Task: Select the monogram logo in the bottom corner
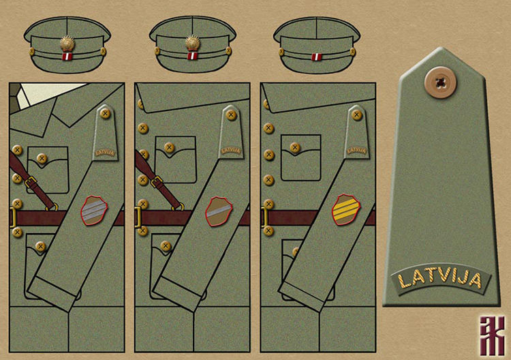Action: click(x=489, y=333)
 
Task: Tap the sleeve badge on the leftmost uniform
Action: click(x=95, y=210)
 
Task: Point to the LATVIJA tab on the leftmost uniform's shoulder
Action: click(x=106, y=152)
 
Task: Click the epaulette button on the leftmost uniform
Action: click(x=105, y=114)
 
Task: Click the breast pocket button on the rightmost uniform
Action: click(x=295, y=147)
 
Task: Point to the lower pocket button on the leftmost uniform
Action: click(x=40, y=245)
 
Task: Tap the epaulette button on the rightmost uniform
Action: click(x=356, y=114)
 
